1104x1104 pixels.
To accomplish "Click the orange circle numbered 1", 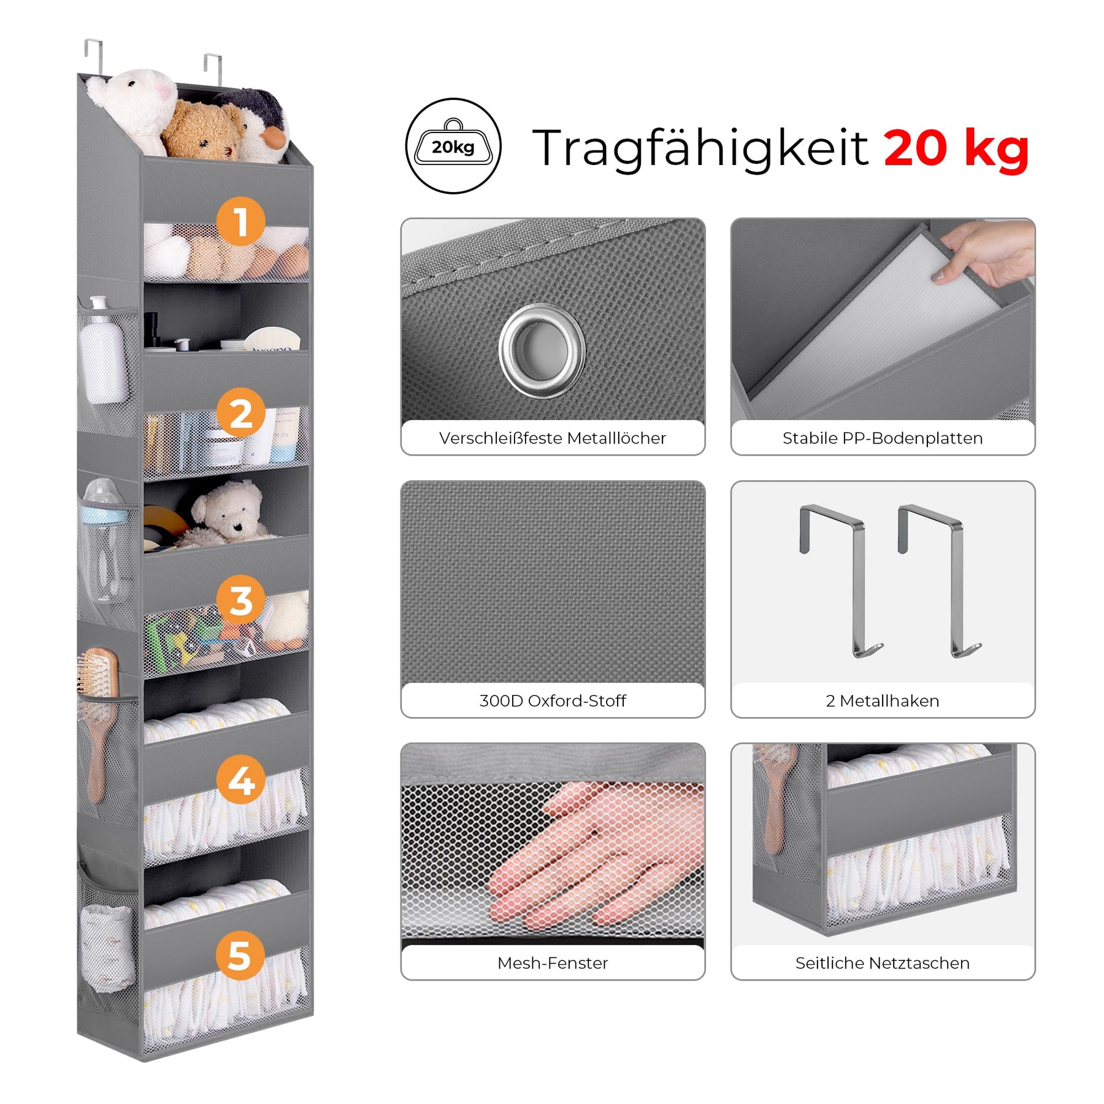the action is [x=240, y=221].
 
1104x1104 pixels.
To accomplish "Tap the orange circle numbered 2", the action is [x=240, y=412].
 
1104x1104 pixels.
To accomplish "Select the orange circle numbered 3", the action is [x=241, y=599].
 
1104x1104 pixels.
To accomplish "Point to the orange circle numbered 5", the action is [x=240, y=956].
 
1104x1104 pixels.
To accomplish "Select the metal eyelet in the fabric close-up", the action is [x=542, y=350].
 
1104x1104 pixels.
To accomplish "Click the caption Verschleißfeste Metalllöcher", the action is [x=553, y=438].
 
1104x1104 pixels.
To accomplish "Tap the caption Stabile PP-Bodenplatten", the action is [x=883, y=438].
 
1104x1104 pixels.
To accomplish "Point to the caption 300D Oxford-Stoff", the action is [x=553, y=700].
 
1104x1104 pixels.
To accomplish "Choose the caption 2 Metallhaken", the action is [x=883, y=700].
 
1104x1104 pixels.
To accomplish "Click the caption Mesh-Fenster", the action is [x=553, y=963].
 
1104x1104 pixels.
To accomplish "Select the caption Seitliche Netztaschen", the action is [x=883, y=963].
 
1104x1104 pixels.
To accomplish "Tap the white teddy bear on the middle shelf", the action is [x=228, y=512].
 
